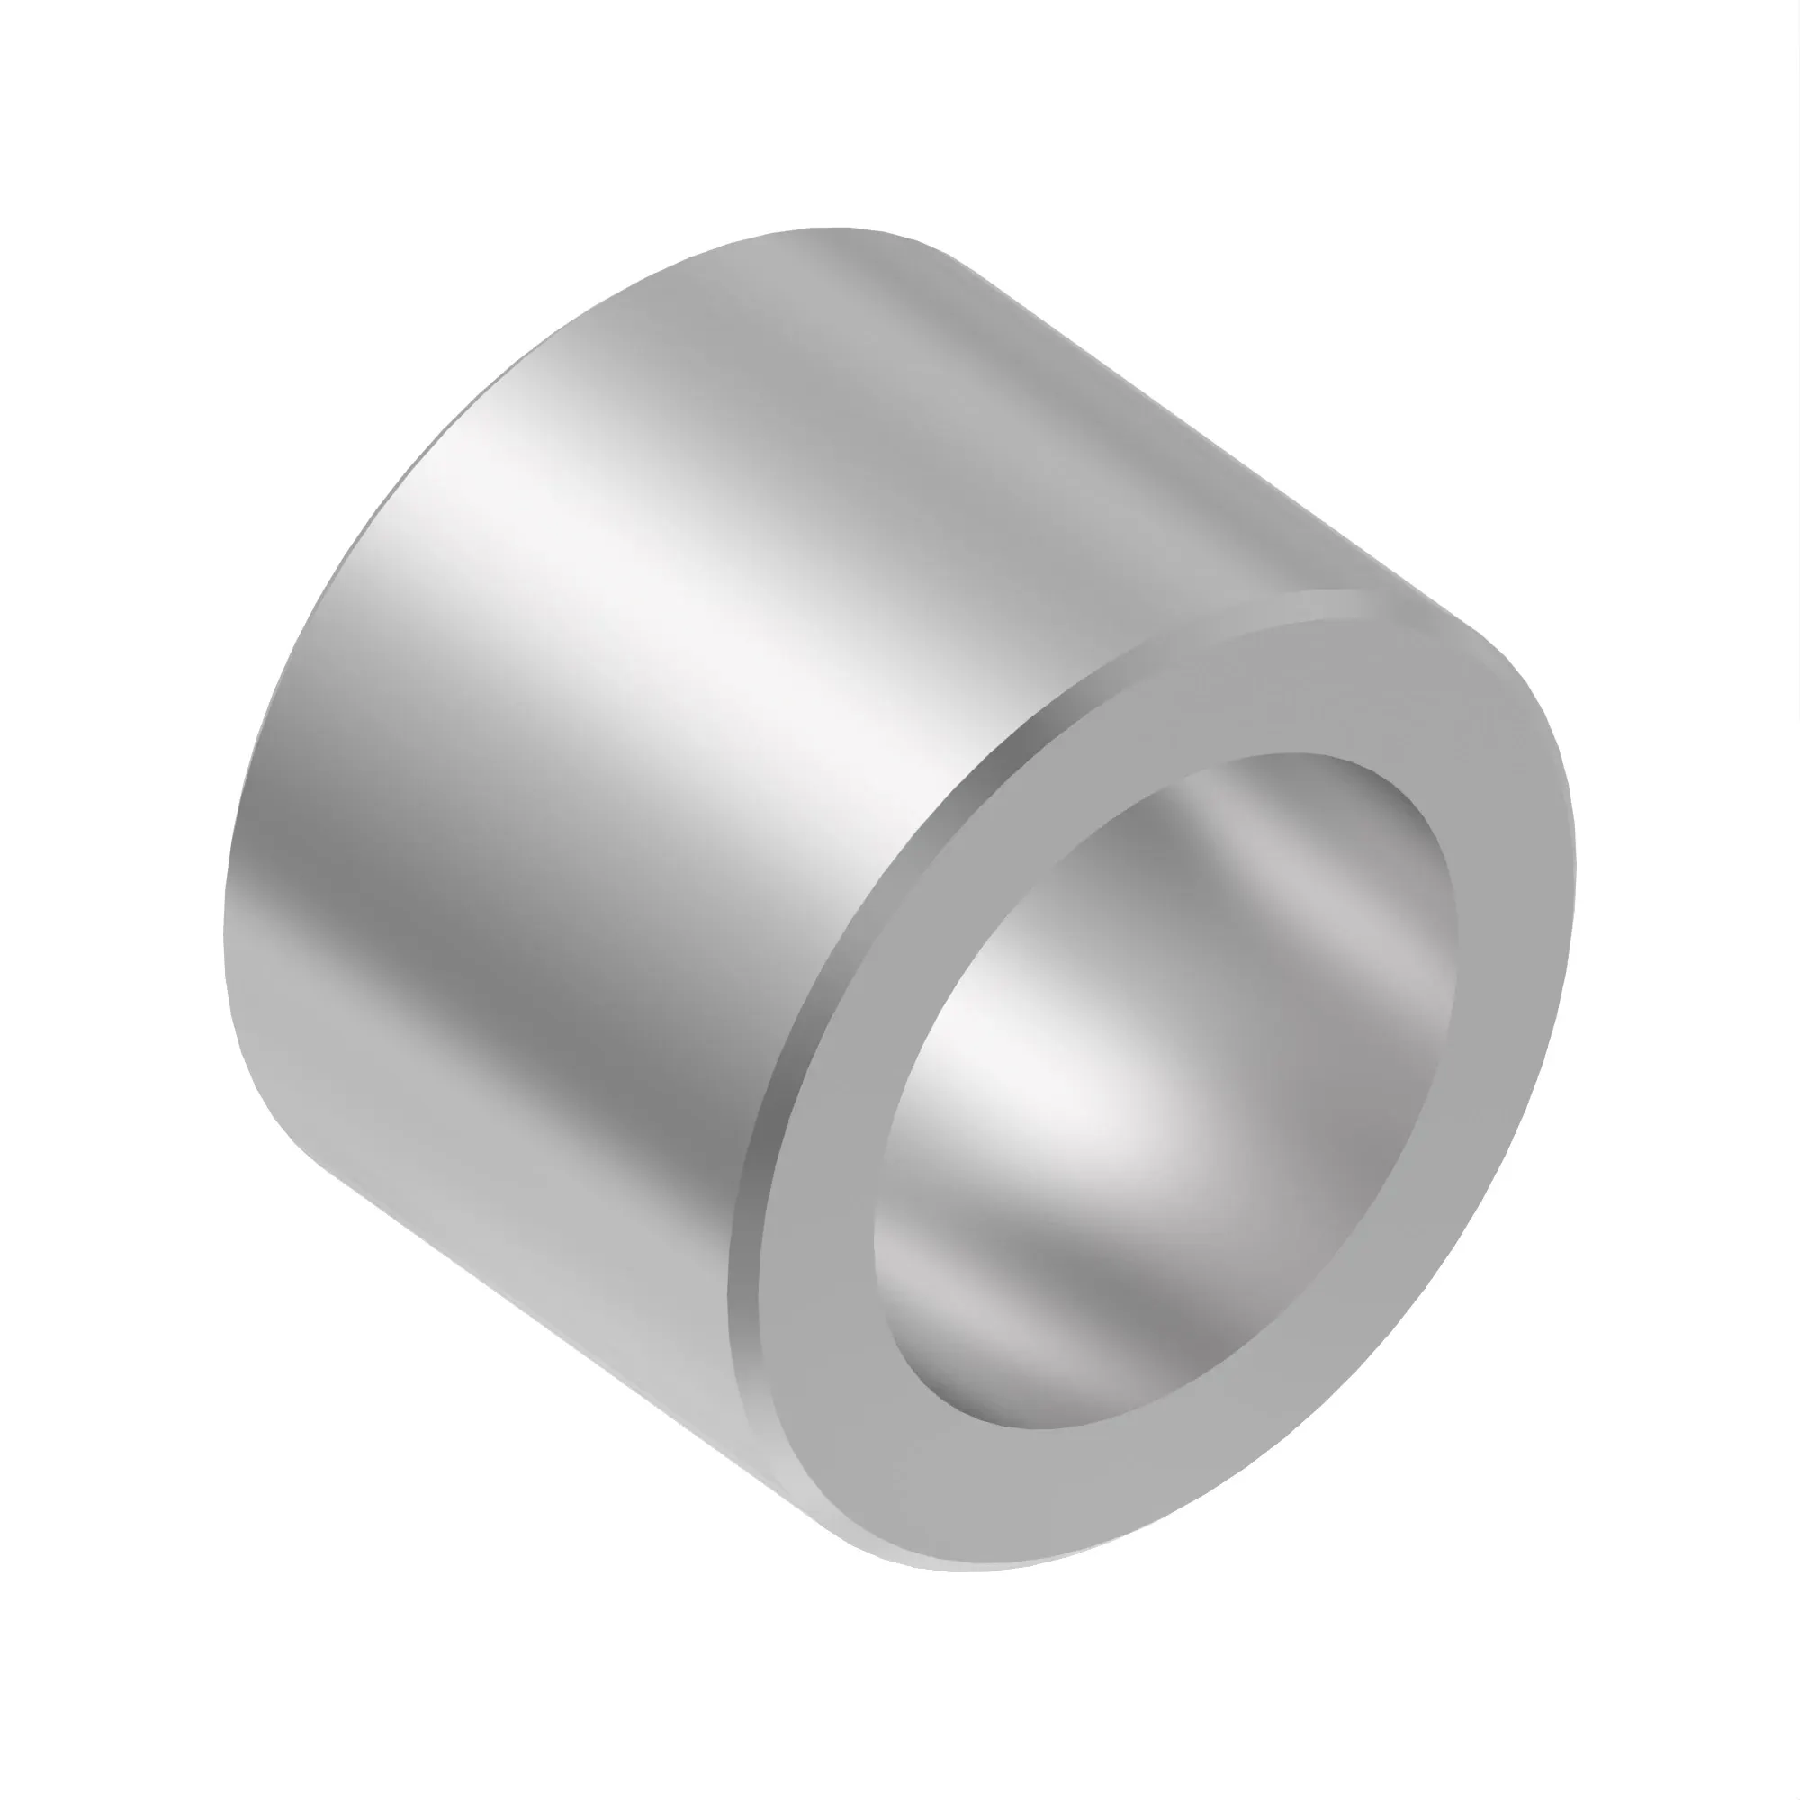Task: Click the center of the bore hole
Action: pyautogui.click(x=1165, y=1100)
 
